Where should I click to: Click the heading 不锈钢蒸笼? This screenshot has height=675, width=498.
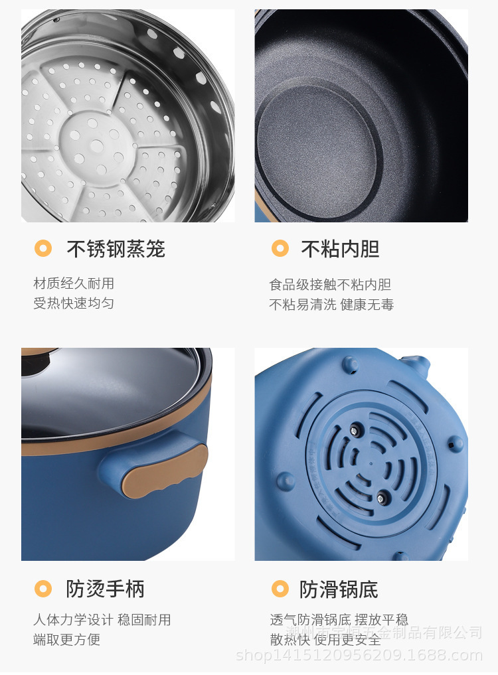116,249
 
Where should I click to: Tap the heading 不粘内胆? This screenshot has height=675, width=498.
340,249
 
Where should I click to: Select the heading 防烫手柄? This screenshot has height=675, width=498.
105,588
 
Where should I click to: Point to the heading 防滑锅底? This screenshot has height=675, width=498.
339,588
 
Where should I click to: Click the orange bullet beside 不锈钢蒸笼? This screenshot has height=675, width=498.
43,249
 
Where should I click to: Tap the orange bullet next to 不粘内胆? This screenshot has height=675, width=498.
280,249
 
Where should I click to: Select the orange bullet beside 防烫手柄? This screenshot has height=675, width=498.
43,588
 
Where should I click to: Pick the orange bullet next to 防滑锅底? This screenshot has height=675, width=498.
280,588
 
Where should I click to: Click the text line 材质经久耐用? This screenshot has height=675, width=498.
74,283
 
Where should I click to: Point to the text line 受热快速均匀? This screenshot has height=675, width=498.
74,303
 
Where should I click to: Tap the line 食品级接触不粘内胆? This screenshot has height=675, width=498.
330,285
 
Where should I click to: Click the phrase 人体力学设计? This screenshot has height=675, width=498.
73,620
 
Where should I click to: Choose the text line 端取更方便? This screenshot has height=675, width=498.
67,640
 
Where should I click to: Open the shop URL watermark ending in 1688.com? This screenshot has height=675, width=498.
359,656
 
